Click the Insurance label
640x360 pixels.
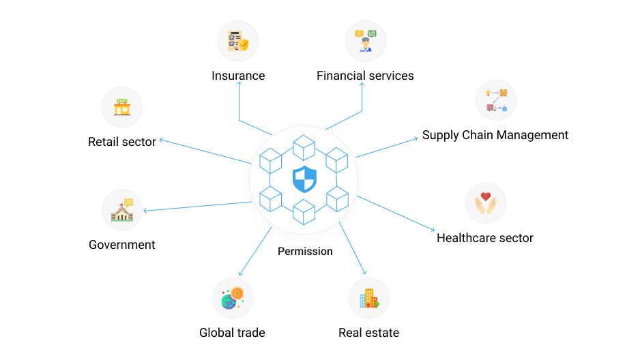(238, 76)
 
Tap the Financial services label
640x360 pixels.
(365, 76)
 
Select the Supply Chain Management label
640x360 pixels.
(495, 136)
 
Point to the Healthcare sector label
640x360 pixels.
(485, 238)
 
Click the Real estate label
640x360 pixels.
(368, 333)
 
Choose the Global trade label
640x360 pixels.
(232, 333)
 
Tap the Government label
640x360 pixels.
(121, 245)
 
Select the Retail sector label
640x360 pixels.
(121, 142)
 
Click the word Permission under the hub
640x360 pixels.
(305, 252)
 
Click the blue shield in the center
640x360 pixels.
(304, 179)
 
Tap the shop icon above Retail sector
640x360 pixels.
(122, 107)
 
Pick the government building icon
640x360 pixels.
(122, 210)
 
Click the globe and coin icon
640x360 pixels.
(233, 298)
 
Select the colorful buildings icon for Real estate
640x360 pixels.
(369, 298)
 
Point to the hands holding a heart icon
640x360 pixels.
(485, 203)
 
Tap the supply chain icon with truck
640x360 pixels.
(496, 100)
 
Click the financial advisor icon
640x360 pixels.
(365, 41)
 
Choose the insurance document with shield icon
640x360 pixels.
(238, 41)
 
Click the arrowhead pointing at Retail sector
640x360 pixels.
(162, 140)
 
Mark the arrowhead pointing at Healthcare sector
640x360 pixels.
(433, 230)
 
